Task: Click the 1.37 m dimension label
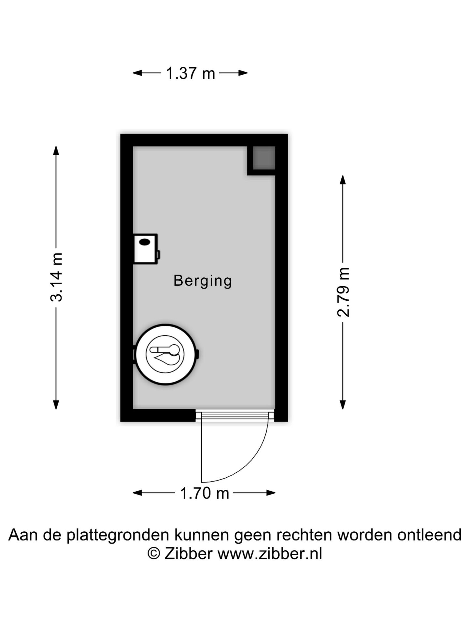[191, 73]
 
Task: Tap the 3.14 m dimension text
[56, 277]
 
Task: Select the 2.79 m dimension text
[343, 292]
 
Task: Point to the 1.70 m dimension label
[205, 493]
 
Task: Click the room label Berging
[203, 281]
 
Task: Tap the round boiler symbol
[165, 354]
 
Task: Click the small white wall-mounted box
[145, 249]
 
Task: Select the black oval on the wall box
[144, 242]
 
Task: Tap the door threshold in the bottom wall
[234, 415]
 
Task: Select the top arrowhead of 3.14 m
[56, 151]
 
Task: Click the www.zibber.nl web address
[270, 554]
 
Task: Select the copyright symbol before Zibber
[154, 554]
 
